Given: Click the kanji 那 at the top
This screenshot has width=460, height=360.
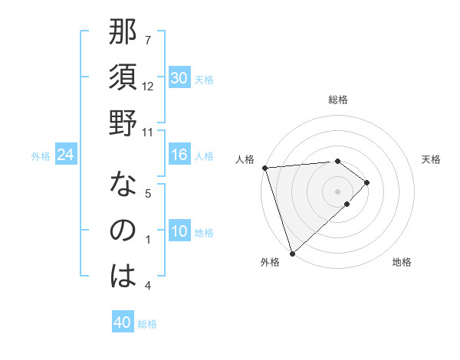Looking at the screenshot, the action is coord(123,33).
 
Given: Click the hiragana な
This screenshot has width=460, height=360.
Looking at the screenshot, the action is coord(123,185).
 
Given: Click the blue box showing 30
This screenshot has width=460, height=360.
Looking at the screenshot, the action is coord(179,78).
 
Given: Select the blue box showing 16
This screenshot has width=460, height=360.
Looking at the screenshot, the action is coord(179,155).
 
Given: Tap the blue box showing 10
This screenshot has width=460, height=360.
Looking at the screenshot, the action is coord(179,232).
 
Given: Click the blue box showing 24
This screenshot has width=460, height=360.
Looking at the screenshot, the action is coord(66,155).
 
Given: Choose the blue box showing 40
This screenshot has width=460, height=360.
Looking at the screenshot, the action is coord(123,322).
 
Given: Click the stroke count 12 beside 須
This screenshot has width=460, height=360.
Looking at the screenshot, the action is coord(148,86).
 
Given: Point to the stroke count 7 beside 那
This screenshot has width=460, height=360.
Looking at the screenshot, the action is coord(148,40).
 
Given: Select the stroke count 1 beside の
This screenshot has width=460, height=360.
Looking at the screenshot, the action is coord(148,240).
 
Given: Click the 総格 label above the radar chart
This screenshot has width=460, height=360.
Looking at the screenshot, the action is coord(337,100).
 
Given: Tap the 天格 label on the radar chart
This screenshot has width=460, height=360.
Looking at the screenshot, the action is coord(431,159).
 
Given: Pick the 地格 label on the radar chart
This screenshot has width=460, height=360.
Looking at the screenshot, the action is coord(402,262).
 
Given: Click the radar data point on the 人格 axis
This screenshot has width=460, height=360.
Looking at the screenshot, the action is coord(264,167).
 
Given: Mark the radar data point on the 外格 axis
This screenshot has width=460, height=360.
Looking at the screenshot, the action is coord(292,252).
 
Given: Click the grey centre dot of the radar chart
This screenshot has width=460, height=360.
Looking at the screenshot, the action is coord(337,191).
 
